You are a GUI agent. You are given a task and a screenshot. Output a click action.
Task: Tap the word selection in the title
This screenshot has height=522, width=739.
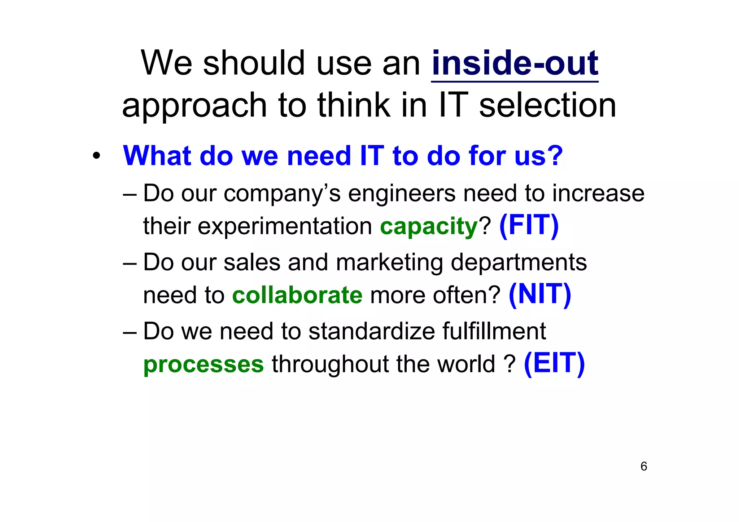[547, 105]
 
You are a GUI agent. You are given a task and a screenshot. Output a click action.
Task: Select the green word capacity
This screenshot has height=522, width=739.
[429, 227]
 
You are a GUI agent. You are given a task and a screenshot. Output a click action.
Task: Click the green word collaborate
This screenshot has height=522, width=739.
[297, 295]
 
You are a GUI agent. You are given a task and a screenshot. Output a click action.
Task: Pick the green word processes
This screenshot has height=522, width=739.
[204, 364]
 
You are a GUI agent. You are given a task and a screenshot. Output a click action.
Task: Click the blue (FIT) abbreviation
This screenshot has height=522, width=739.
[529, 226]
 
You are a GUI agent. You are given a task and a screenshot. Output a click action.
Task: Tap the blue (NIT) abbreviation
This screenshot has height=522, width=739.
[540, 295]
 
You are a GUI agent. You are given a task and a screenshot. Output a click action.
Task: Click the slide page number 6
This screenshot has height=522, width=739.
[644, 466]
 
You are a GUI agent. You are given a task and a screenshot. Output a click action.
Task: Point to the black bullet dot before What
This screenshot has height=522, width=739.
[96, 156]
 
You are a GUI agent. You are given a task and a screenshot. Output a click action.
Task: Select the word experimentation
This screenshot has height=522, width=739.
[284, 226]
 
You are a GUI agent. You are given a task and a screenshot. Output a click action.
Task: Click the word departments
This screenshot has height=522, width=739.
[519, 262]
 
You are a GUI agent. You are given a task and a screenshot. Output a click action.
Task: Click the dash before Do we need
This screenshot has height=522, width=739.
[130, 332]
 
